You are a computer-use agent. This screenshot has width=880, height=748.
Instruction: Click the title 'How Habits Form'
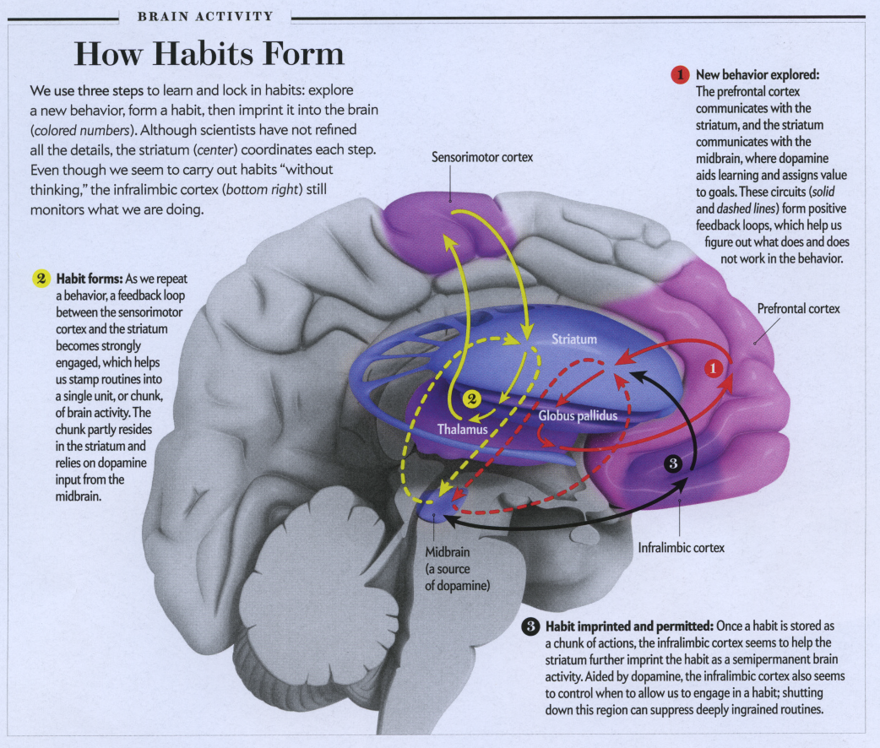[209, 55]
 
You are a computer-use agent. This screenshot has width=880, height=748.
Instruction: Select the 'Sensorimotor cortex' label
[482, 158]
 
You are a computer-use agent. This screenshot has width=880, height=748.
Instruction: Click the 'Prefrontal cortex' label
[798, 309]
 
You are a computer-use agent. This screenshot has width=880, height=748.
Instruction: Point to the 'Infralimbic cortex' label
[681, 548]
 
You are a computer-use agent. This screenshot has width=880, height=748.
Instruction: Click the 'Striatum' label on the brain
[574, 339]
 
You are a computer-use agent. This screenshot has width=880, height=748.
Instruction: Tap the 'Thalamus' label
[462, 429]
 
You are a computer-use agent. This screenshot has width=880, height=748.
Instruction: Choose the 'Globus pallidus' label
[578, 416]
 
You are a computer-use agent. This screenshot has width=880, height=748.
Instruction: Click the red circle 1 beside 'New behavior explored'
[681, 75]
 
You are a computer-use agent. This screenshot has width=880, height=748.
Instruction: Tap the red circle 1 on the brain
[713, 368]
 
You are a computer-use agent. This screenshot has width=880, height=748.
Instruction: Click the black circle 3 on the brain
[673, 463]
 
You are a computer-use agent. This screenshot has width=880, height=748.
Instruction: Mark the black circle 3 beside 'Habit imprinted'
[530, 627]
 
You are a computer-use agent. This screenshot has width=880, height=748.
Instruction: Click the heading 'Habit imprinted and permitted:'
[628, 627]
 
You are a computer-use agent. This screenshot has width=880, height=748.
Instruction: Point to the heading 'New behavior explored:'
[758, 75]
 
